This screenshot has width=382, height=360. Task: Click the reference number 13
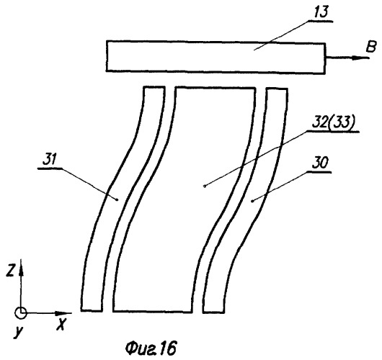point(321,12)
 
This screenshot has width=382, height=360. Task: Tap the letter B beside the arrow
point(371,47)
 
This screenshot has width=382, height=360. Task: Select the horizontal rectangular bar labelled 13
point(216,57)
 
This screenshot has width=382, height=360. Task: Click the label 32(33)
point(333,122)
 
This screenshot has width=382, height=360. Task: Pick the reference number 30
point(320,163)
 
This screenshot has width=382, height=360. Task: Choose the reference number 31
point(50,161)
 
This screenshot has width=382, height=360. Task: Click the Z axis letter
point(10,271)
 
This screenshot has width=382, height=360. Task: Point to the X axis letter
point(61,324)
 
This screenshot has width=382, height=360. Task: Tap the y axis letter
point(18,333)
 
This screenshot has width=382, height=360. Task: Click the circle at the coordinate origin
point(21,312)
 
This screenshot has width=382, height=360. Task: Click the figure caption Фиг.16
point(151,348)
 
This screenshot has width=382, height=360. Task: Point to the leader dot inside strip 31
point(117,199)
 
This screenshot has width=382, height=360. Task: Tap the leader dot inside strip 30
point(252,201)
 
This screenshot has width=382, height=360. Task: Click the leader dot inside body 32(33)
point(205,186)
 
